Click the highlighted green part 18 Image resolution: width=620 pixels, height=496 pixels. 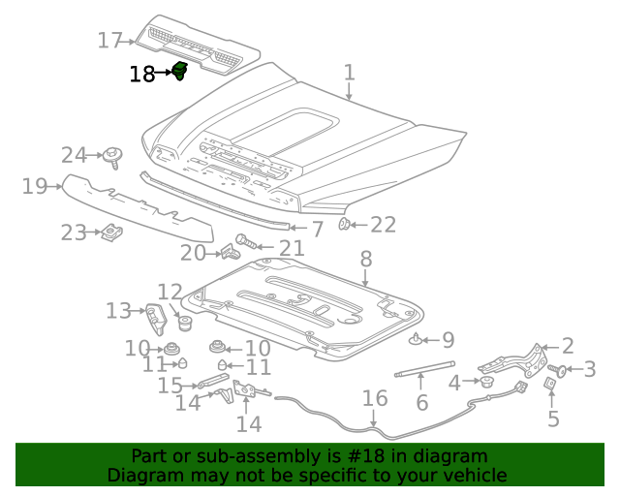[179, 71]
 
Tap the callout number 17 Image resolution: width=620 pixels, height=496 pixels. [110, 41]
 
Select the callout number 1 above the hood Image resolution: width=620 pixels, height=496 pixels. [349, 73]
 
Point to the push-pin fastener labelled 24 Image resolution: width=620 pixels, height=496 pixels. [114, 155]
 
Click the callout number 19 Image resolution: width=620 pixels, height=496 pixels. [35, 186]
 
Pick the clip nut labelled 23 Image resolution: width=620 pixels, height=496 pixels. [111, 232]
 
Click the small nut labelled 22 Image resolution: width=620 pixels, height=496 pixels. [344, 225]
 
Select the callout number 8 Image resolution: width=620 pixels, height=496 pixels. [365, 260]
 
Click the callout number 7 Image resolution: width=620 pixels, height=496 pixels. [316, 230]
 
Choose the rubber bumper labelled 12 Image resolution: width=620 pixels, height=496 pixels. [180, 321]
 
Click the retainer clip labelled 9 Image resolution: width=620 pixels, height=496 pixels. [418, 339]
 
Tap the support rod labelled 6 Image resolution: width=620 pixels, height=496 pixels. [423, 368]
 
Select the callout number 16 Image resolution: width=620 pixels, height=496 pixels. [375, 399]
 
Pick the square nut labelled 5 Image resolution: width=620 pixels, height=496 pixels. [549, 384]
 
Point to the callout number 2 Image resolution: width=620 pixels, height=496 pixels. [568, 346]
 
